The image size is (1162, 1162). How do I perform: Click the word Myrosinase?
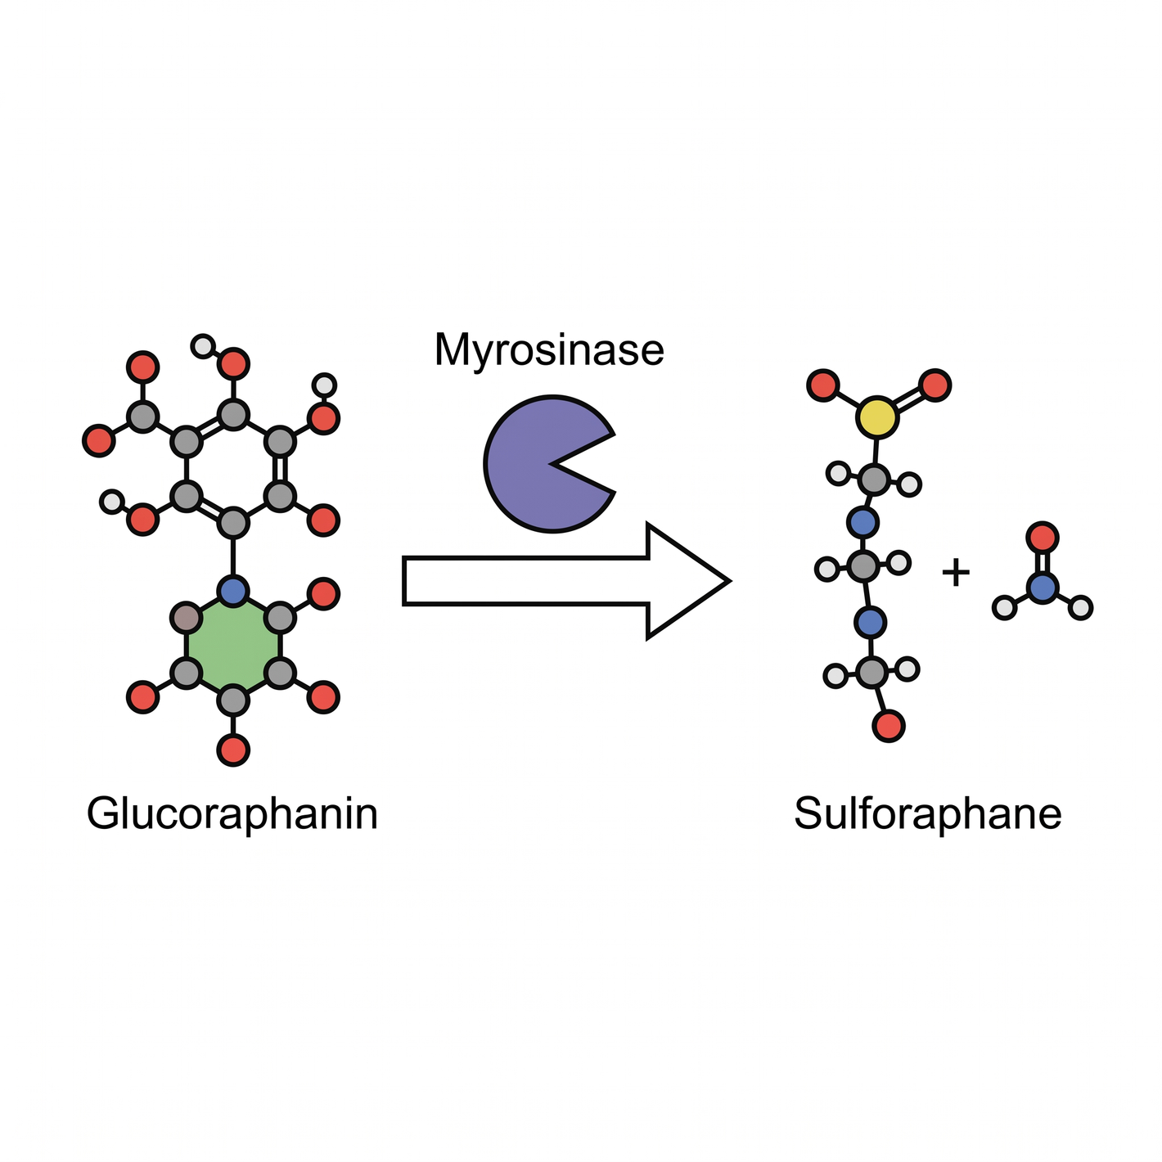[549, 350]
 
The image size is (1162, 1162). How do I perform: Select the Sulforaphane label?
[927, 813]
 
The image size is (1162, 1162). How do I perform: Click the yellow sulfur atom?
[877, 417]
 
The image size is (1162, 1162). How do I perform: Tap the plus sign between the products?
[956, 572]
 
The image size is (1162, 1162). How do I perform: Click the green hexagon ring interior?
[233, 645]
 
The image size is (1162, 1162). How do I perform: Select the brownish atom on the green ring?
[187, 618]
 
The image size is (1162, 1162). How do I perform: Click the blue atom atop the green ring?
[233, 591]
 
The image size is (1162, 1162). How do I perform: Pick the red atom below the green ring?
[233, 750]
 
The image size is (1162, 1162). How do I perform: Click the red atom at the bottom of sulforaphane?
[889, 725]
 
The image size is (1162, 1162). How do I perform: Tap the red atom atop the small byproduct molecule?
[1043, 538]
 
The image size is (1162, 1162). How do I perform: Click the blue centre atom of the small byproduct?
[1043, 587]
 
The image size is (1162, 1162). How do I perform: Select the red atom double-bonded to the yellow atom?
[935, 385]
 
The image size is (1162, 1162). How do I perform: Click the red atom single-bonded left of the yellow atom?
[823, 385]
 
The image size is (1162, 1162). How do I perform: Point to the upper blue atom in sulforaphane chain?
[862, 522]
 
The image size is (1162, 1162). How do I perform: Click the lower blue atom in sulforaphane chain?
[870, 622]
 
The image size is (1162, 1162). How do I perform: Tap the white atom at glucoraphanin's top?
[203, 346]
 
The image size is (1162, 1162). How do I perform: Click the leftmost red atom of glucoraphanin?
[99, 440]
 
